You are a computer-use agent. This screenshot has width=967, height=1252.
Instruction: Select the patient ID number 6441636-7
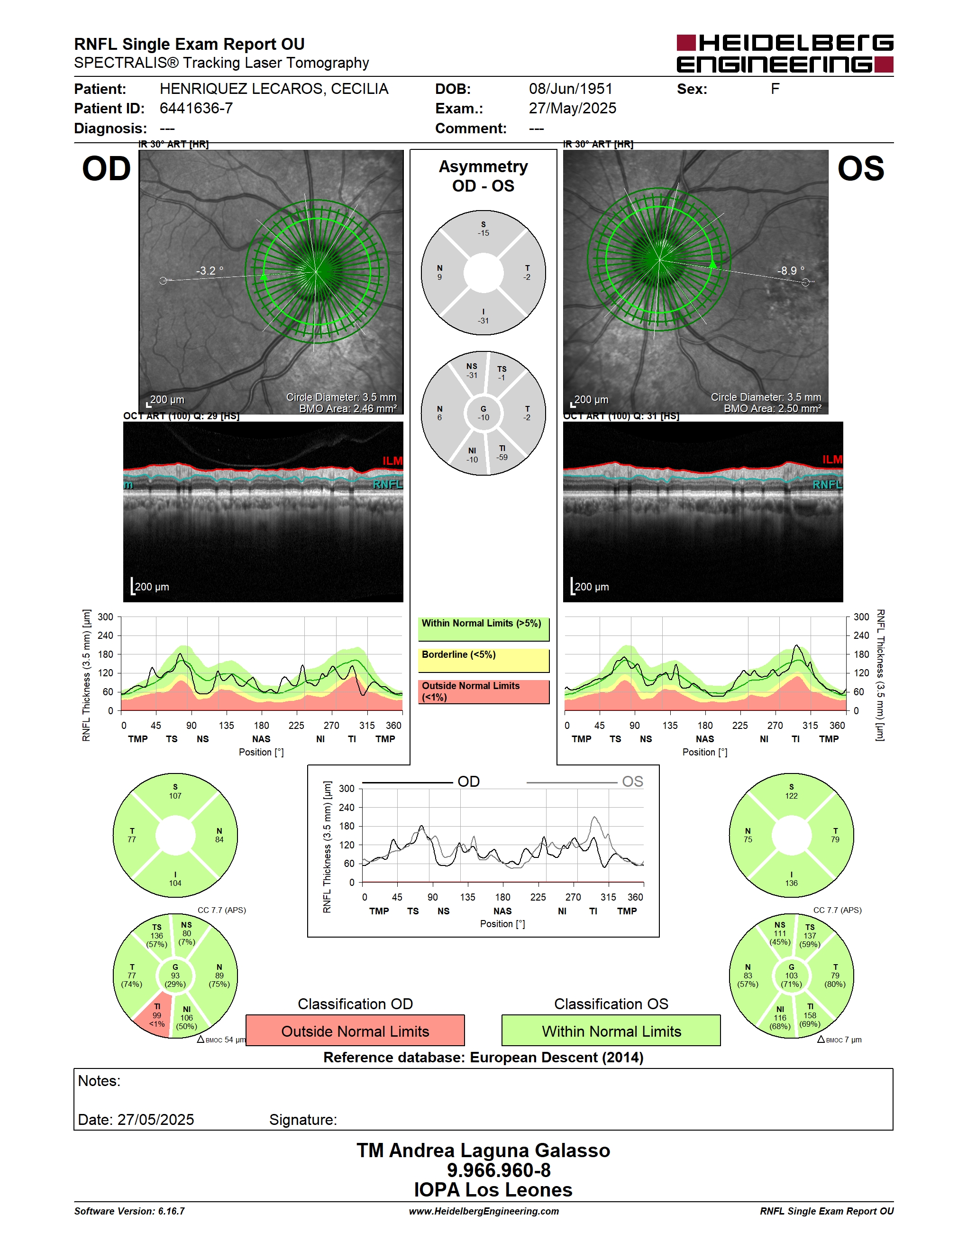[196, 108]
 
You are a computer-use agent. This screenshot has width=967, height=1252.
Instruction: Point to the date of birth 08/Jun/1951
[571, 89]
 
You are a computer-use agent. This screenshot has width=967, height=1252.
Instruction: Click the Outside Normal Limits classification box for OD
[355, 1031]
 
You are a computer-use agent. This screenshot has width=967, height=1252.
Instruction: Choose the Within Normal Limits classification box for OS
[611, 1031]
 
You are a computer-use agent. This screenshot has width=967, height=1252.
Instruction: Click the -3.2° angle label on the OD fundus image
[210, 271]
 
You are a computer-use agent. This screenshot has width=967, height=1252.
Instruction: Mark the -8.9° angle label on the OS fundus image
[791, 271]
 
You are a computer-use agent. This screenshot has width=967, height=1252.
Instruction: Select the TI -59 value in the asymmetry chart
[502, 453]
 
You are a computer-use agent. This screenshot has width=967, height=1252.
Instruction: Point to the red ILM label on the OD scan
[392, 461]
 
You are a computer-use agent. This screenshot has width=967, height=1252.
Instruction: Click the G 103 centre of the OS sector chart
[791, 975]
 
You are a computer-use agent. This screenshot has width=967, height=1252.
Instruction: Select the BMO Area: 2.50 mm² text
[772, 409]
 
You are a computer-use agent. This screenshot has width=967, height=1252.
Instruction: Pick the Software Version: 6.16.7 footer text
[129, 1211]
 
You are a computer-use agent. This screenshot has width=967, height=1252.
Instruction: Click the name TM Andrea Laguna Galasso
[483, 1151]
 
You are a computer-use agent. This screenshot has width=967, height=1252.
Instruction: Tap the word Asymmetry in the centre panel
[483, 166]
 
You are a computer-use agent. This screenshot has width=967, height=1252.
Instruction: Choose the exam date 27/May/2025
[572, 108]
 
